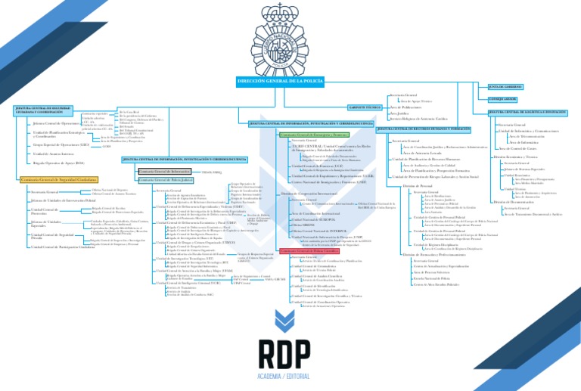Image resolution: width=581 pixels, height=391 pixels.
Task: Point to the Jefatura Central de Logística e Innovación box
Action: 528,112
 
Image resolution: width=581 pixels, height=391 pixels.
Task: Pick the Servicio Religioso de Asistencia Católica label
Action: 418,119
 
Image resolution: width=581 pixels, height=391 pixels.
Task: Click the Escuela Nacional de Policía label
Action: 433,278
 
